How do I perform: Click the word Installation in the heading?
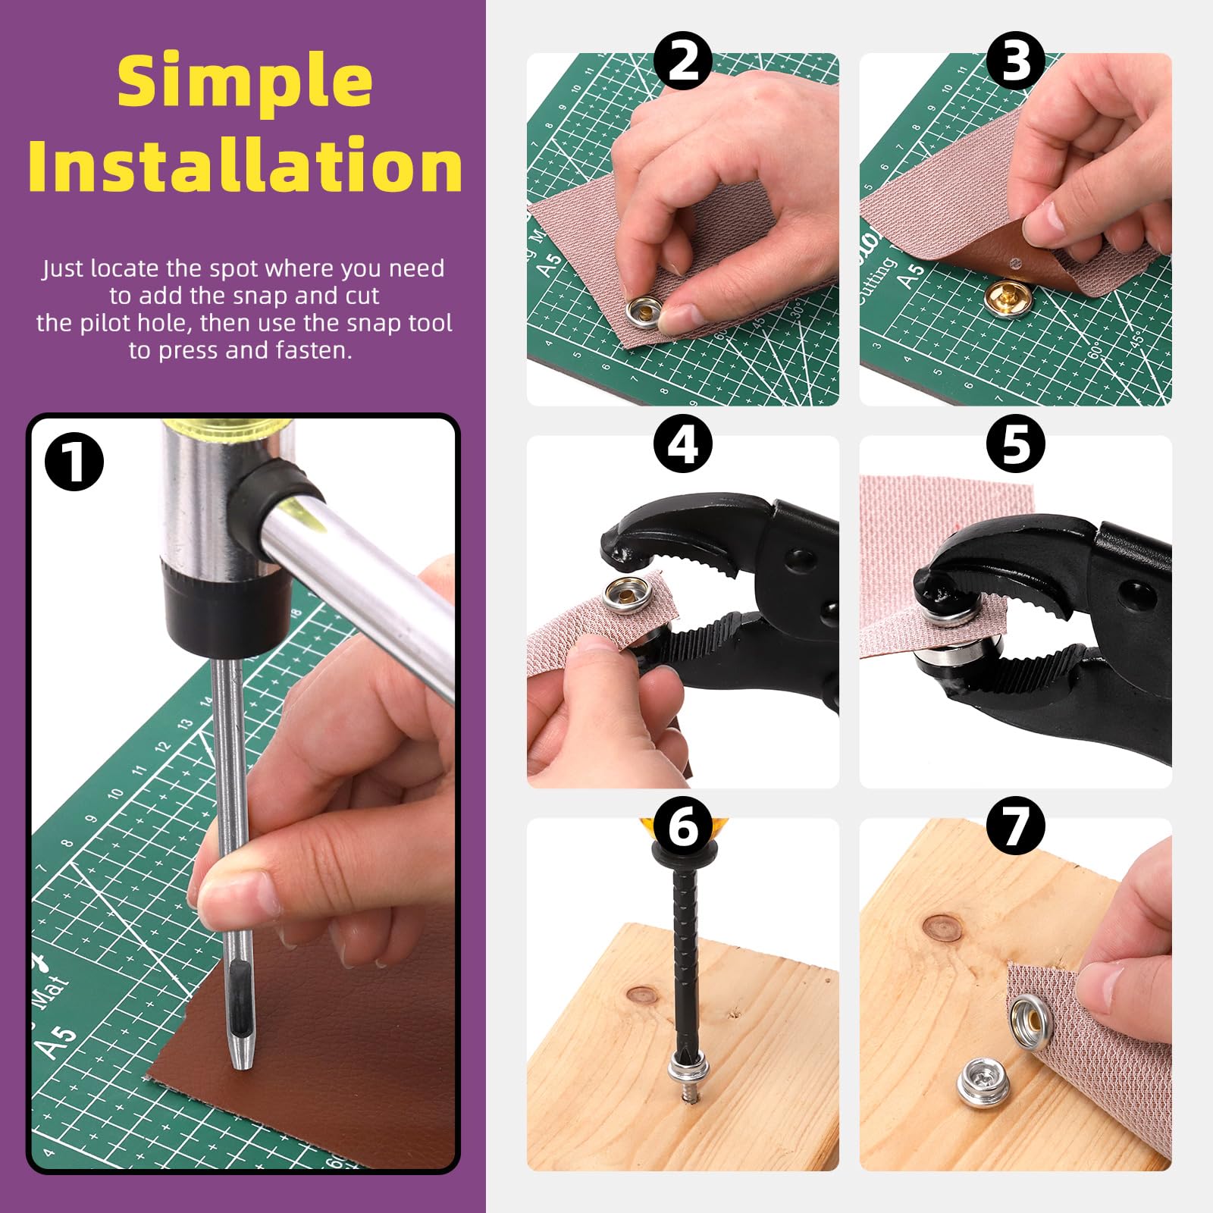pyautogui.click(x=245, y=165)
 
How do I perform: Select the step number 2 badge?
pyautogui.click(x=682, y=61)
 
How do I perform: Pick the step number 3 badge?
pyautogui.click(x=1015, y=61)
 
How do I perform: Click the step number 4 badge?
pyautogui.click(x=682, y=444)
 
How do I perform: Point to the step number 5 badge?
pyautogui.click(x=1015, y=444)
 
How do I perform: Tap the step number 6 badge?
pyautogui.click(x=682, y=826)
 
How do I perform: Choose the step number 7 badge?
pyautogui.click(x=1015, y=826)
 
